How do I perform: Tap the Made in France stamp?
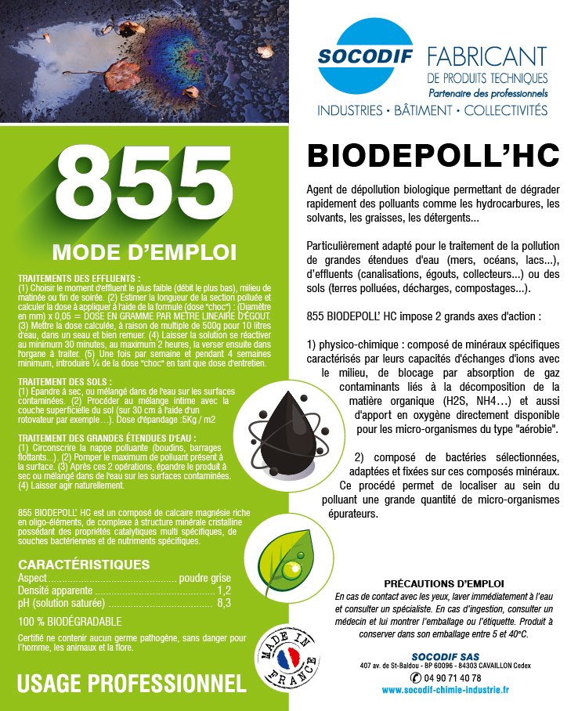(287, 656)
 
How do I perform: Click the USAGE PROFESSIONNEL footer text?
(131, 684)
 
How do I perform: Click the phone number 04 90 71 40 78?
(452, 677)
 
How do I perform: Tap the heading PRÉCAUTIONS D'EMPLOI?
(445, 584)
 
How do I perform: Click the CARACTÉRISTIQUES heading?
(84, 564)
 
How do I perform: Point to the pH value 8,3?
(224, 604)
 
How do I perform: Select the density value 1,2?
(225, 590)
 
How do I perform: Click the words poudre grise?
(205, 578)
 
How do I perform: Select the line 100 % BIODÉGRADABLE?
(70, 622)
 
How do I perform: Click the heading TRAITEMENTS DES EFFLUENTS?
(79, 278)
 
